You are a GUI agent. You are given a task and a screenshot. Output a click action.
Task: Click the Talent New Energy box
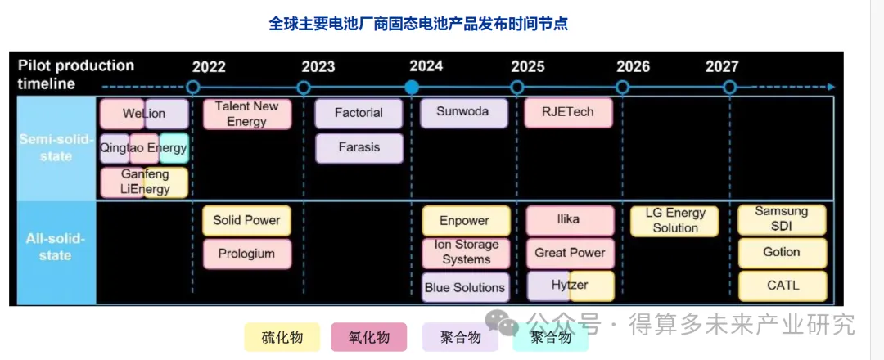click(247, 114)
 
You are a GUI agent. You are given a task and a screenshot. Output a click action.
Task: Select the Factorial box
click(359, 113)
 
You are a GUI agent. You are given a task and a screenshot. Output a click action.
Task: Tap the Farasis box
click(359, 148)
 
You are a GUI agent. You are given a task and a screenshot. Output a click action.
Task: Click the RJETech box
click(568, 113)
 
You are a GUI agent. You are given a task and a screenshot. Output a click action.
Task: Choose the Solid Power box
click(247, 220)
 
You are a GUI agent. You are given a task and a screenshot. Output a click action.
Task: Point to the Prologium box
click(247, 254)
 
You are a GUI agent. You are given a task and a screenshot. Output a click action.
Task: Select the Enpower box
click(467, 220)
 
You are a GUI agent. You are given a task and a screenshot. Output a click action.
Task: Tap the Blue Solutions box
click(465, 287)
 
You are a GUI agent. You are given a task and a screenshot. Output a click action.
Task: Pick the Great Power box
click(570, 254)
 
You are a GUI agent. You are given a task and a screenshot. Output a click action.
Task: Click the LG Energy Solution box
click(674, 221)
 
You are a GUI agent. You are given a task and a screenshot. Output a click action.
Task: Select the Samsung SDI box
click(782, 220)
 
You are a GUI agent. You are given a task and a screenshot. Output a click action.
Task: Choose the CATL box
click(783, 286)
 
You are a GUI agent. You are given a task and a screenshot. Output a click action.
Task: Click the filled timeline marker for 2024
click(412, 88)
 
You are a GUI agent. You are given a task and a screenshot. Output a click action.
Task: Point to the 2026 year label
click(633, 67)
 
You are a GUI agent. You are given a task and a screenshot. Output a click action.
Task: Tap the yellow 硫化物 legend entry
click(282, 337)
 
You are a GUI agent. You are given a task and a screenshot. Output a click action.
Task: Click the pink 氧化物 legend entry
click(368, 337)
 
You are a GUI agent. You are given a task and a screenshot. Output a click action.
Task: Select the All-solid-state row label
click(56, 247)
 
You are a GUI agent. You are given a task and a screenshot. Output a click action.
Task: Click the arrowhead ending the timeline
click(831, 88)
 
